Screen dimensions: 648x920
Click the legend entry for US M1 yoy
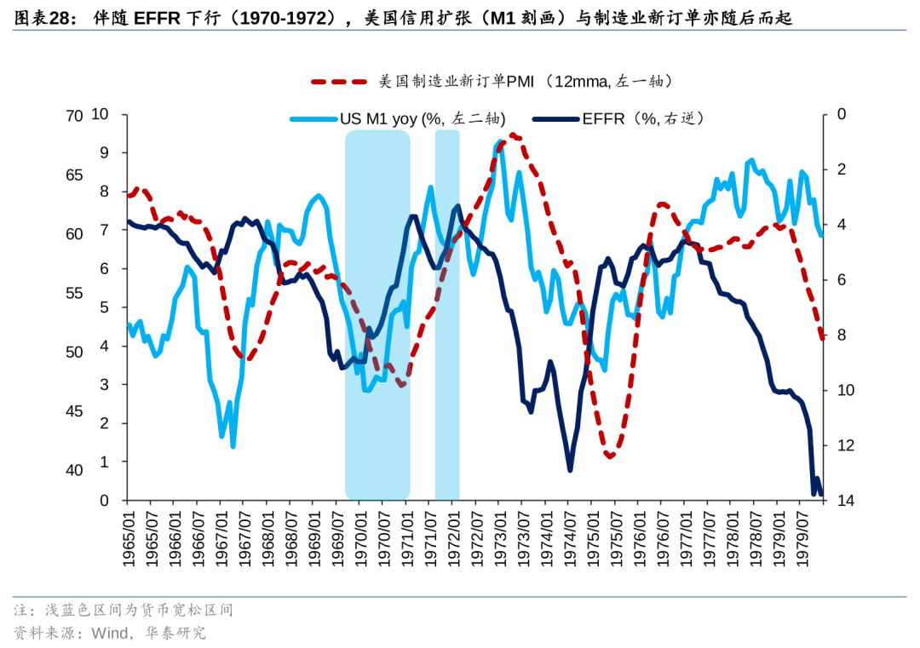(x=400, y=119)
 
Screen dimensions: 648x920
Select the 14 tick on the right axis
(x=845, y=501)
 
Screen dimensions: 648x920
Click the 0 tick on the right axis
(x=842, y=114)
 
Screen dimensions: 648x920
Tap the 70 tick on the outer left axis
(x=75, y=116)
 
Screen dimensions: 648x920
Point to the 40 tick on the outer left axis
(x=75, y=470)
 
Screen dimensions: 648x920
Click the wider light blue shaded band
(x=377, y=315)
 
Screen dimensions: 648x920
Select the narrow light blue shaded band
(x=447, y=315)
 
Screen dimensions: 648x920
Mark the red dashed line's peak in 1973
(x=514, y=135)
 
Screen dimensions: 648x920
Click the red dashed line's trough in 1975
(x=610, y=457)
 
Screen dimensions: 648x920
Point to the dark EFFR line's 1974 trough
(x=570, y=469)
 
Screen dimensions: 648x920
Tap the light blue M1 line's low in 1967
(x=233, y=446)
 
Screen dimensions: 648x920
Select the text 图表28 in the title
(x=43, y=16)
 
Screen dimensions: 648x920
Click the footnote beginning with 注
(x=123, y=610)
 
